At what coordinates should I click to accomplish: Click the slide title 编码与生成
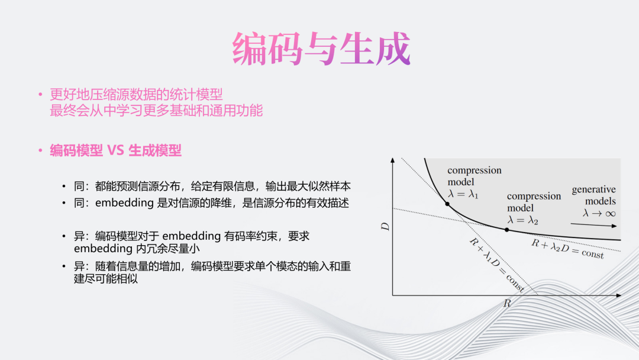point(321,49)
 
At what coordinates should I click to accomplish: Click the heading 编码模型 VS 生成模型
point(116,150)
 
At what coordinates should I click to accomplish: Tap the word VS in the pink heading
point(116,150)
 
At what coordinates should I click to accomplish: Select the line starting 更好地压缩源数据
point(136,95)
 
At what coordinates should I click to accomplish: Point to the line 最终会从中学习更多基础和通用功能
point(156,111)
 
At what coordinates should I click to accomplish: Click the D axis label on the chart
point(385,227)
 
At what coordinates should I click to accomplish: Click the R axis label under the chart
point(507,303)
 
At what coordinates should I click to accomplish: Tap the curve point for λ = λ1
point(447,204)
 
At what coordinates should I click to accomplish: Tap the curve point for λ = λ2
point(506,230)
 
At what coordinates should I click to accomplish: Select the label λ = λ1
point(463,194)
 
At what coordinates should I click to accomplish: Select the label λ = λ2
point(522,220)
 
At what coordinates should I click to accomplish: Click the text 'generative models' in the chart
point(594,195)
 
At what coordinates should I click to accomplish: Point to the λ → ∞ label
point(599,213)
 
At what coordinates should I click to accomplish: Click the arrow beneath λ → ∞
point(594,224)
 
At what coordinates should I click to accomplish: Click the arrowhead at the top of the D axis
point(392,160)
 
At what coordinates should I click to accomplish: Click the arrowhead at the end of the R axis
point(619,295)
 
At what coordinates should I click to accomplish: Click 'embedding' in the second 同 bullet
point(124,203)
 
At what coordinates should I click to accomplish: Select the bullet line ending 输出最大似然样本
point(212,187)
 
